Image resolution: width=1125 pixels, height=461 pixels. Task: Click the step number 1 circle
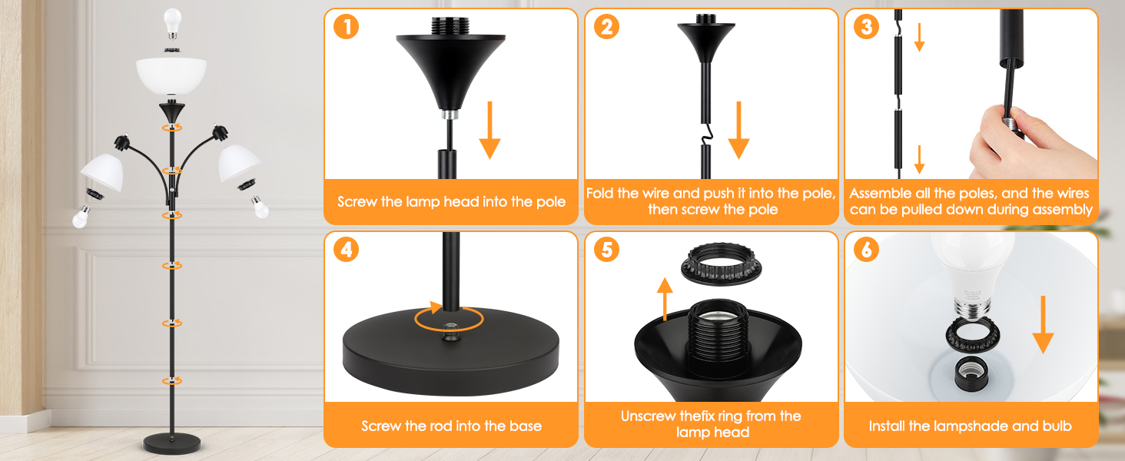coord(346,27)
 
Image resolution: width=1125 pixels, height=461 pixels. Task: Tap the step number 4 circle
coord(346,250)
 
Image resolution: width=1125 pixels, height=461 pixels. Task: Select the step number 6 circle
coord(866,250)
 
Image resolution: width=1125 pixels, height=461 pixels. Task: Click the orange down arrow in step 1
coord(489,130)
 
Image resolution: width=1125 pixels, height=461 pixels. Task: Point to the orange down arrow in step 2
coord(738,130)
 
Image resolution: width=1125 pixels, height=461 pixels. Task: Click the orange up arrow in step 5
coord(665,299)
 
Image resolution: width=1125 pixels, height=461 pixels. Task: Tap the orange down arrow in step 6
coord(1043,324)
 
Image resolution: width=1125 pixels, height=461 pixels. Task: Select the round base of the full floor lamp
coord(172,443)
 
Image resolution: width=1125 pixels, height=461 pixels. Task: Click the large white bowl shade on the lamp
coord(171,76)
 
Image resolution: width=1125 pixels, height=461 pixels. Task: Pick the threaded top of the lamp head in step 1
coord(450,26)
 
